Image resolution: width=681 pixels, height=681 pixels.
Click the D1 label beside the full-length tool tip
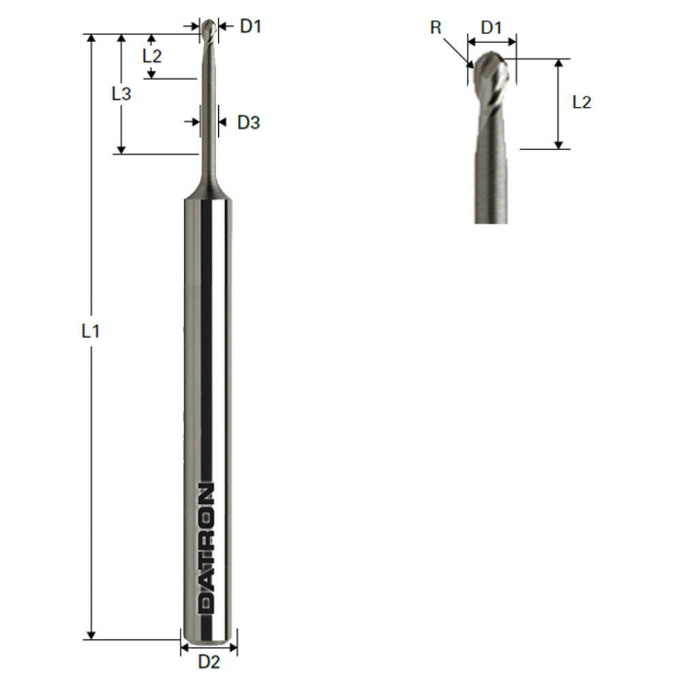click(251, 26)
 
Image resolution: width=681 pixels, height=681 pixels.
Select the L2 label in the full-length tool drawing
click(152, 55)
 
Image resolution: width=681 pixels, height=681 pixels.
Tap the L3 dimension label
click(121, 93)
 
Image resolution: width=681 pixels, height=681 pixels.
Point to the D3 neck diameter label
click(249, 123)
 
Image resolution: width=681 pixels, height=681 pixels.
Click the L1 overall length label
click(90, 331)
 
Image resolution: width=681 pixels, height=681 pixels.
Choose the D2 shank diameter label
click(209, 663)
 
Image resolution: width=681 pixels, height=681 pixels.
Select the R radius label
click(437, 27)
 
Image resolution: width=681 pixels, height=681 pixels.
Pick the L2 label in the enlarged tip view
click(581, 101)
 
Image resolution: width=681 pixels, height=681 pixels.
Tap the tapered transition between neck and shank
click(209, 185)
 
